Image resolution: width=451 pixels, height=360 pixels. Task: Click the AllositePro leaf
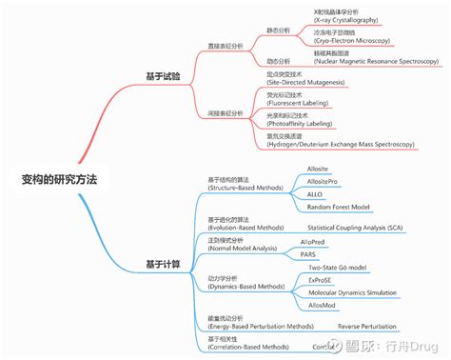323,181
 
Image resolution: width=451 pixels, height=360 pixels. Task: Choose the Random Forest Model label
339,206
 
